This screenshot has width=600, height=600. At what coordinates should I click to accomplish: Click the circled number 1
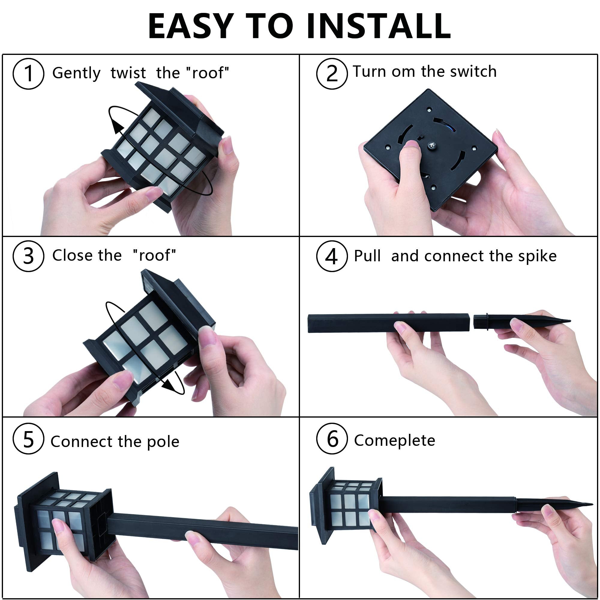(28, 74)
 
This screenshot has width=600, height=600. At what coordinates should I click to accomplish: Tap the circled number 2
(332, 74)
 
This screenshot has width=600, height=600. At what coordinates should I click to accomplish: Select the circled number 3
(28, 256)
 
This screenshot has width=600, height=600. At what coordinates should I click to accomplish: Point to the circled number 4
(332, 256)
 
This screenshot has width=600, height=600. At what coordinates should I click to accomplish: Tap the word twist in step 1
(128, 73)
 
